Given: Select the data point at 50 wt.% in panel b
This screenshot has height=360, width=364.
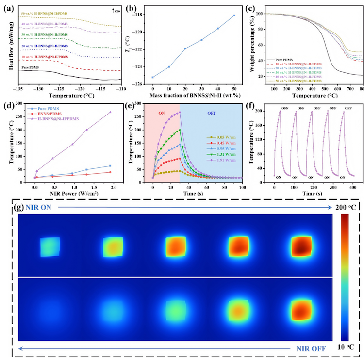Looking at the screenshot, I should point(234,16).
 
